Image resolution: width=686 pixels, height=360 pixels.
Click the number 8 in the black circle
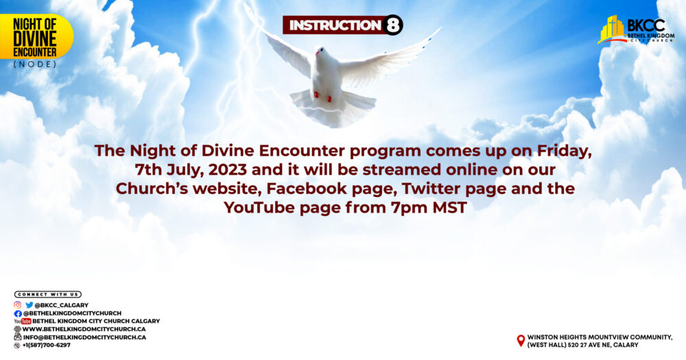click(x=392, y=25)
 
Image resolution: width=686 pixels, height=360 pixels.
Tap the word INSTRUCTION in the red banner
click(x=335, y=25)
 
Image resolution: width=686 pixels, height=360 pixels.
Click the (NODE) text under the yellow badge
click(x=35, y=64)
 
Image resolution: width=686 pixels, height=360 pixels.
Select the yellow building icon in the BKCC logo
click(x=612, y=29)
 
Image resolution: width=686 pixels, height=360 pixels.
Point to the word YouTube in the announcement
click(x=259, y=207)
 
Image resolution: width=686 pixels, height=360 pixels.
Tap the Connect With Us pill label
click(x=48, y=294)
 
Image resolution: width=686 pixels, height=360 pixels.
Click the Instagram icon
click(x=18, y=305)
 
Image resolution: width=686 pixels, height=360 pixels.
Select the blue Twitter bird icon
click(x=29, y=305)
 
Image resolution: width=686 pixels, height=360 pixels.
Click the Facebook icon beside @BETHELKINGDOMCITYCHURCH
click(x=18, y=313)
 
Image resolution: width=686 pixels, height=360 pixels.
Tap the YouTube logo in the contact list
click(x=23, y=321)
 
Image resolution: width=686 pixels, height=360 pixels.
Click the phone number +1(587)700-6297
click(x=47, y=345)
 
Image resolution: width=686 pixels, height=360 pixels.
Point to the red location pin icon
click(x=521, y=341)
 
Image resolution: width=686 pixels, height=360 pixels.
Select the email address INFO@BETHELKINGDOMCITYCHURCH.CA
click(x=84, y=337)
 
